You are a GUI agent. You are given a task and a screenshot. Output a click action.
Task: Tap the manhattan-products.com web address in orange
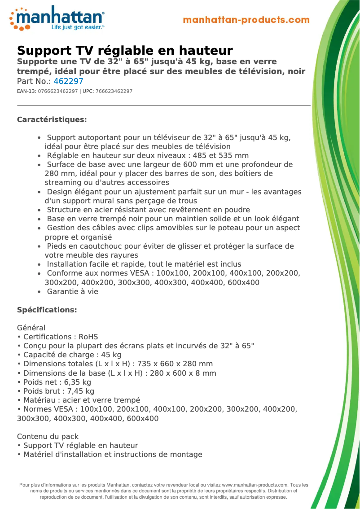pos(246,20)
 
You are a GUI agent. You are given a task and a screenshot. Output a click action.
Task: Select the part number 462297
pos(68,81)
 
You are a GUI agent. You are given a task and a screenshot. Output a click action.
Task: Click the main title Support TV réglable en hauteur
pos(125,50)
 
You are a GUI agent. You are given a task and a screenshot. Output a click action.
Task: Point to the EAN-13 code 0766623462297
pos(58,91)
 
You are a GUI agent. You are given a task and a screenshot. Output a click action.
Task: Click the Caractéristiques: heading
pos(52,119)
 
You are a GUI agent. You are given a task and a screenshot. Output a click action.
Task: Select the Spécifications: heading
pos(47,310)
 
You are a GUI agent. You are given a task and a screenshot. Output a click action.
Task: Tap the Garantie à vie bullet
pos(72,291)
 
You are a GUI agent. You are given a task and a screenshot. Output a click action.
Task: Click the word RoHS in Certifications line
pos(88,337)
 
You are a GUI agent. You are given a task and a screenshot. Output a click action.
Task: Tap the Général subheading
pos(31,328)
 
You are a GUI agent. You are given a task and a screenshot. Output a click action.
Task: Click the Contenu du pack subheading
pos(48,436)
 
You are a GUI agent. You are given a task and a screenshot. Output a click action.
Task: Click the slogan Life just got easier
pos(77,27)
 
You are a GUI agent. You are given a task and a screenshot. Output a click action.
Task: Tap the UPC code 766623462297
pos(114,91)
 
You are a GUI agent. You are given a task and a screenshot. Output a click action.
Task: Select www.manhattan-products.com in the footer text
pos(255,485)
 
